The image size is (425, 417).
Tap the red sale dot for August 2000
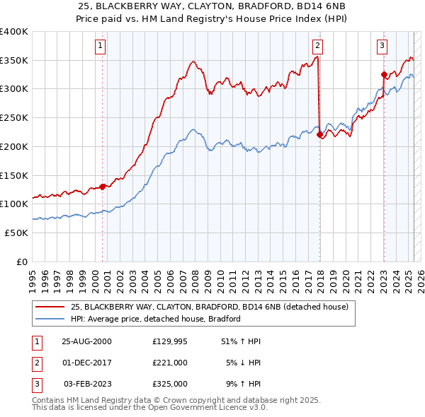tap(103, 187)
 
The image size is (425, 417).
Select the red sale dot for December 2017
tap(319, 134)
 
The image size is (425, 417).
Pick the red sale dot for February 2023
tap(384, 74)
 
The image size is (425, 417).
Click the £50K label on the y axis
tap(16, 233)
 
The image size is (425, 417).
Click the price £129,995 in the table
tap(170, 341)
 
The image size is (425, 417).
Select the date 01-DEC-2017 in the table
tap(87, 363)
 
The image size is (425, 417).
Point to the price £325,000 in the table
tap(170, 384)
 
